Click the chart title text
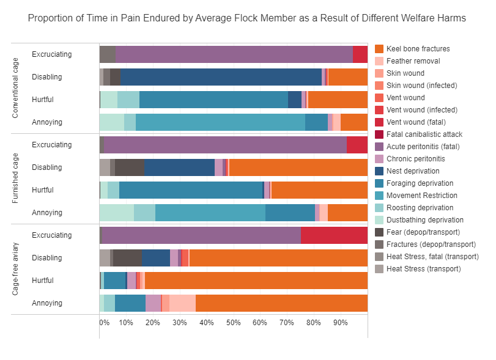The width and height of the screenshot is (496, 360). [x=247, y=18]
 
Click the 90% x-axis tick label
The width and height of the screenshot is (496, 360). [x=341, y=322]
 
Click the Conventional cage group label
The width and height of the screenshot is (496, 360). [x=16, y=88]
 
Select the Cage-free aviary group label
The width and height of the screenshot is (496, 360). [x=16, y=269]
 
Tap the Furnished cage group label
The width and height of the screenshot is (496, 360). [x=16, y=178]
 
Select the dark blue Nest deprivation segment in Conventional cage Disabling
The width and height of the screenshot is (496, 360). [x=221, y=76]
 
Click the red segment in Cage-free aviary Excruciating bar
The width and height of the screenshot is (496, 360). [x=334, y=235]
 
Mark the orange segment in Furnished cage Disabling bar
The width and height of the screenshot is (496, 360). [x=298, y=167]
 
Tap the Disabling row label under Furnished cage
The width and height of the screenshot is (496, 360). [x=47, y=167]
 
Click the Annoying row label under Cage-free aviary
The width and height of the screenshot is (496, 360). [x=47, y=303]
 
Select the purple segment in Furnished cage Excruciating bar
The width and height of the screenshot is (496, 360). [x=225, y=144]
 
